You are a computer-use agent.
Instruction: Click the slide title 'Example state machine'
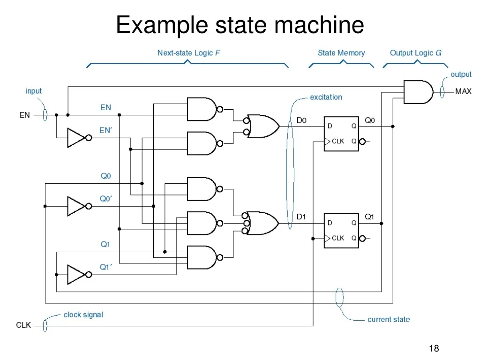(x=240, y=24)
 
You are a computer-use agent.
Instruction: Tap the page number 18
(x=434, y=348)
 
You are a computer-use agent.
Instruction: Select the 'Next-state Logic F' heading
(x=188, y=53)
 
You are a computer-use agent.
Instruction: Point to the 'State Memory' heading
(x=341, y=53)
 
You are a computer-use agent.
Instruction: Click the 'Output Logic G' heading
(x=415, y=53)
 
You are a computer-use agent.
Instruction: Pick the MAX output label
(x=463, y=92)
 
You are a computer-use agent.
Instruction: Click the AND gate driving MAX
(x=417, y=92)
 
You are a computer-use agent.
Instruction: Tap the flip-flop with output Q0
(x=341, y=134)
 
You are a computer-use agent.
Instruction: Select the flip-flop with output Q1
(x=341, y=230)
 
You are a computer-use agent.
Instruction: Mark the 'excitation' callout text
(x=326, y=97)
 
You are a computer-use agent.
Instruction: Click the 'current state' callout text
(x=388, y=320)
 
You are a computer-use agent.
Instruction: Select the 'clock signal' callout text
(x=83, y=315)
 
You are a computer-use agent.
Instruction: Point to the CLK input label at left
(x=23, y=325)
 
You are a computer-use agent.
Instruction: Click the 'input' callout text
(x=33, y=91)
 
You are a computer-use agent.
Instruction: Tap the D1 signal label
(x=301, y=217)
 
